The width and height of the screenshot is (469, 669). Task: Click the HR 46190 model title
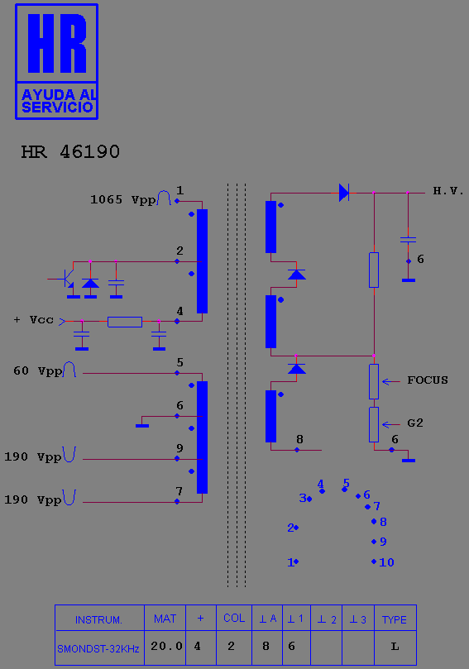[x=70, y=152]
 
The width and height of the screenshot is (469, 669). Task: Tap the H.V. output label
[x=448, y=191]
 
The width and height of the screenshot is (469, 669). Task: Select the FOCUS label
[x=428, y=380]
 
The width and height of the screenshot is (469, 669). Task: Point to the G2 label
[x=414, y=423]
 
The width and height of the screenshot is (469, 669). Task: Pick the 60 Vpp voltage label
[x=37, y=370]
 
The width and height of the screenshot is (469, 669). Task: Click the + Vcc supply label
[x=34, y=319]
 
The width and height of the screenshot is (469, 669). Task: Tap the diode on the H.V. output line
[x=344, y=193]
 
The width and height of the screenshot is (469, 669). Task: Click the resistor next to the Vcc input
[x=125, y=322]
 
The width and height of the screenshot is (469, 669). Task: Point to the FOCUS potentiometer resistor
[x=374, y=381]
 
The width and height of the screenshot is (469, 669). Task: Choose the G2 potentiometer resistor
[x=374, y=424]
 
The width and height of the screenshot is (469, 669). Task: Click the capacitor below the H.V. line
[x=409, y=240]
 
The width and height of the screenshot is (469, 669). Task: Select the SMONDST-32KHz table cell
[x=98, y=649]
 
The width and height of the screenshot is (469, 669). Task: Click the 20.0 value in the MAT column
[x=166, y=647]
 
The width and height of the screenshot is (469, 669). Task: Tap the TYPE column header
[x=395, y=619]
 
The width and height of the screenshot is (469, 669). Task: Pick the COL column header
[x=234, y=619]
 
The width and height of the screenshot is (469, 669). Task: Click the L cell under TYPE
[x=395, y=647]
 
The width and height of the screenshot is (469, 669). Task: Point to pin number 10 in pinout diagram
[x=386, y=562]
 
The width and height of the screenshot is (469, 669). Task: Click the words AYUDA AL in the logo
[x=59, y=94]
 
